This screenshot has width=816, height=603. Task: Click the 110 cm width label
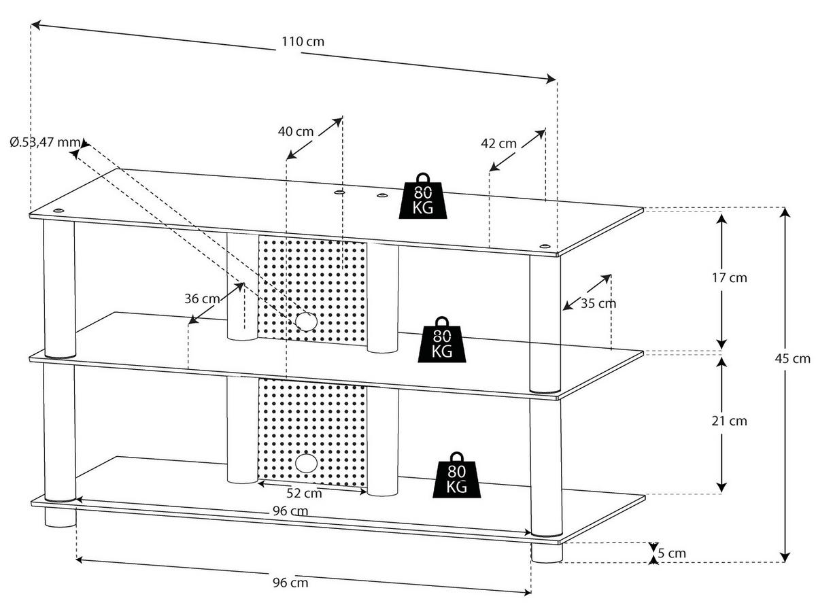tap(303, 41)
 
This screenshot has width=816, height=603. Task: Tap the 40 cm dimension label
tap(296, 131)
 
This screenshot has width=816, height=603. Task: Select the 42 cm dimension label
tap(498, 143)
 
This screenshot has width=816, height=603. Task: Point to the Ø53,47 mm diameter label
tap(45, 143)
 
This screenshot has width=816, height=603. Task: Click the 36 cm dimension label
tap(202, 298)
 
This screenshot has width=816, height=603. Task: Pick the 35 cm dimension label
tap(598, 303)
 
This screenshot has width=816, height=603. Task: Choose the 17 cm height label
tap(728, 277)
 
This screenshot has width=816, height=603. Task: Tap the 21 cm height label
tap(728, 421)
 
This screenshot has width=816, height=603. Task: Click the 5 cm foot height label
tap(672, 553)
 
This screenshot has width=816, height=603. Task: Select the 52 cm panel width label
tap(304, 493)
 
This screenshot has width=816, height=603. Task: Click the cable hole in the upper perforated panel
tap(305, 321)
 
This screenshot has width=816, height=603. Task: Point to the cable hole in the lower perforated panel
tap(305, 464)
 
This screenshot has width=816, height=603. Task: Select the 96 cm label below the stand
tap(290, 583)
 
